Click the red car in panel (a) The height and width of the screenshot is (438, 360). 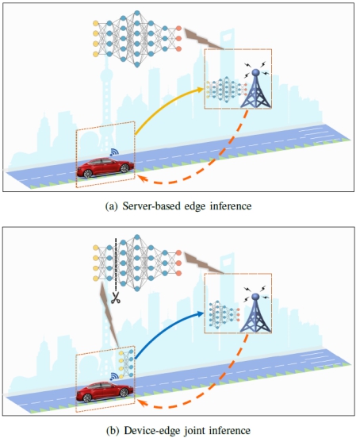pyautogui.click(x=105, y=167)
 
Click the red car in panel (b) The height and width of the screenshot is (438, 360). pyautogui.click(x=105, y=392)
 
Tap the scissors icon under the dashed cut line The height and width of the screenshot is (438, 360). pyautogui.click(x=116, y=298)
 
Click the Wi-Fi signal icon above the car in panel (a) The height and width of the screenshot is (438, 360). pyautogui.click(x=114, y=152)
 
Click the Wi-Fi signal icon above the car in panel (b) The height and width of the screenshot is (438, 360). pyautogui.click(x=114, y=376)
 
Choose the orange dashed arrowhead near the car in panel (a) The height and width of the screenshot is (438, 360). pyautogui.click(x=143, y=178)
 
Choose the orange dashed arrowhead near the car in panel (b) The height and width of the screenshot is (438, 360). pyautogui.click(x=143, y=402)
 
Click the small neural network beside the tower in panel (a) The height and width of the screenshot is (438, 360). pyautogui.click(x=227, y=90)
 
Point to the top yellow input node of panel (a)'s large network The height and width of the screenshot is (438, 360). pyautogui.click(x=95, y=23)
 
